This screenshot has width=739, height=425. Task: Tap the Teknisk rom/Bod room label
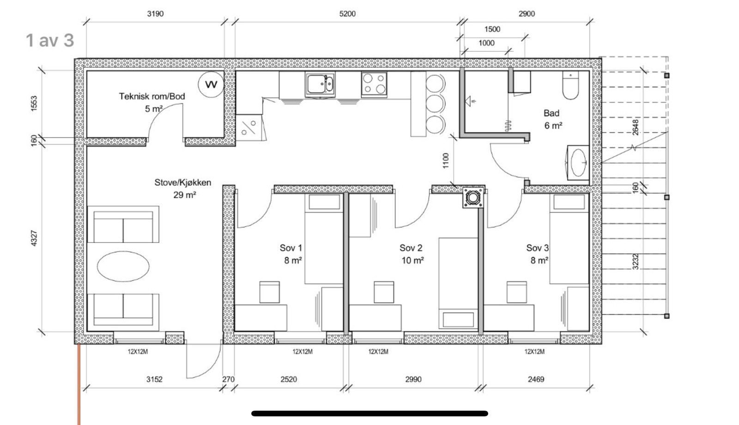pyautogui.click(x=152, y=97)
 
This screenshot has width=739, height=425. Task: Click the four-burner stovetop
pyautogui.click(x=374, y=84)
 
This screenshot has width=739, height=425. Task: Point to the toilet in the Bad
pyautogui.click(x=570, y=85)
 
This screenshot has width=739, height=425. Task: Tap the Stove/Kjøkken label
pyautogui.click(x=183, y=182)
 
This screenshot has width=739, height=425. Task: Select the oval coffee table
pyautogui.click(x=123, y=266)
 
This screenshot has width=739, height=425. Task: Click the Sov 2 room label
pyautogui.click(x=411, y=248)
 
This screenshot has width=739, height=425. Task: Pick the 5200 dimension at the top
pyautogui.click(x=347, y=14)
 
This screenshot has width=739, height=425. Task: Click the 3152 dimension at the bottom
pyautogui.click(x=154, y=379)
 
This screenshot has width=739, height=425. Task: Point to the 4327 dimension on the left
pyautogui.click(x=34, y=238)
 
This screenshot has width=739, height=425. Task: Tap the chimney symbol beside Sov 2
pyautogui.click(x=473, y=198)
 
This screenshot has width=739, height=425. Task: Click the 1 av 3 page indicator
pyautogui.click(x=50, y=41)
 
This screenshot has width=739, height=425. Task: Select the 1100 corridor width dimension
pyautogui.click(x=446, y=161)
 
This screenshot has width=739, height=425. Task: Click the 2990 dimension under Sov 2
pyautogui.click(x=413, y=379)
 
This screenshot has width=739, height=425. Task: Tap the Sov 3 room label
pyautogui.click(x=538, y=248)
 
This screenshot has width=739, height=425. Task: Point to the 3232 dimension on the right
pyautogui.click(x=636, y=261)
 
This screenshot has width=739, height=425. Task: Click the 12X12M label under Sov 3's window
pyautogui.click(x=534, y=352)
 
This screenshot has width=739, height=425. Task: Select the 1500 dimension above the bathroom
pyautogui.click(x=492, y=30)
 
